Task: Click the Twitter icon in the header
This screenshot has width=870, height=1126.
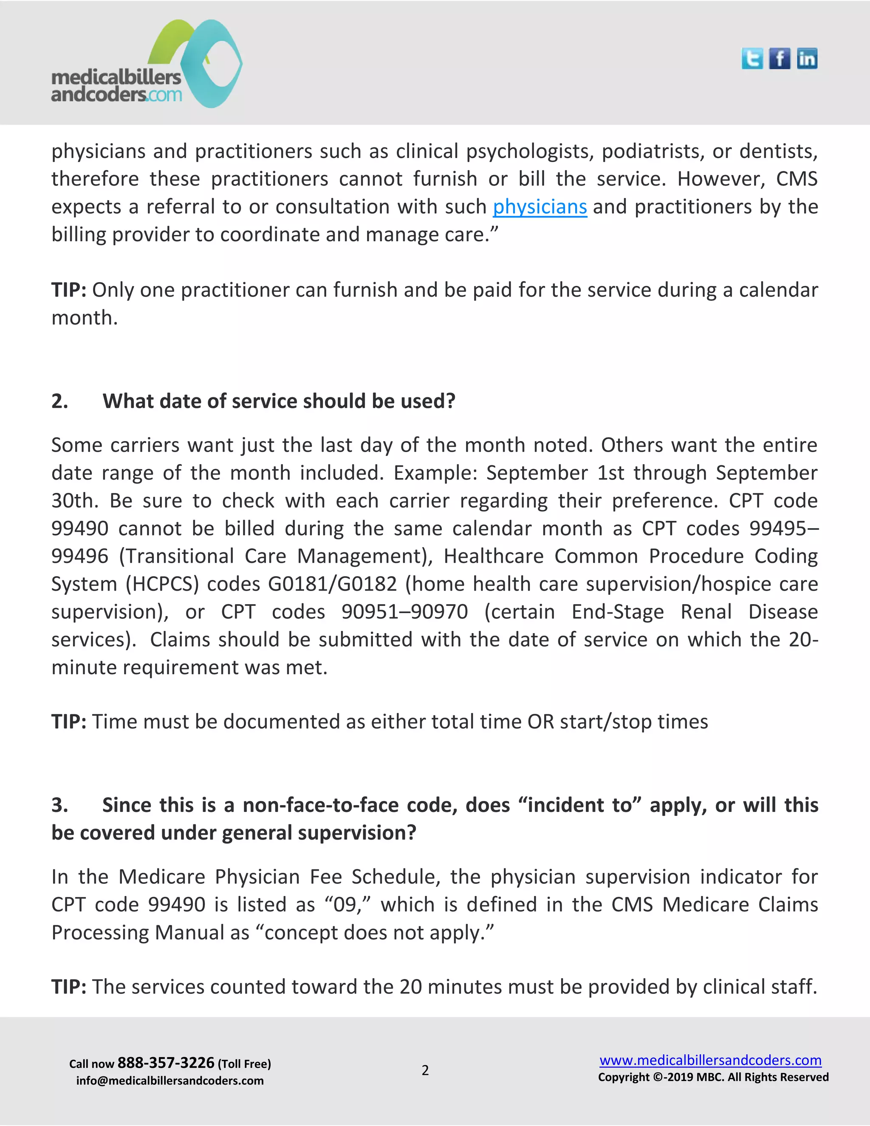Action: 752,59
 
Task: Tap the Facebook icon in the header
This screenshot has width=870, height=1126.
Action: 779,59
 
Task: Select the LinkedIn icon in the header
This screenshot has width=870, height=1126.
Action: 807,59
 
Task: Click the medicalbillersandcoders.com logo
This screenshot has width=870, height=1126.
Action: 147,65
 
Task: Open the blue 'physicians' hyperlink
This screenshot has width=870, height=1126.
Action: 540,207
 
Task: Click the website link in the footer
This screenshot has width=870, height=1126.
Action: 710,1060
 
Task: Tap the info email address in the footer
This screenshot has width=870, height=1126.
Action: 169,1081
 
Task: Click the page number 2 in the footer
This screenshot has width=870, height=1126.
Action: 425,1070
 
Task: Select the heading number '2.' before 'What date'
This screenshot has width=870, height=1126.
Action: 60,401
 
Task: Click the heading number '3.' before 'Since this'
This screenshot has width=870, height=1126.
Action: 60,805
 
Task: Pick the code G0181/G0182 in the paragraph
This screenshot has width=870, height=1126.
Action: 333,584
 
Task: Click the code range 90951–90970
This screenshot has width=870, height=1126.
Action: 404,612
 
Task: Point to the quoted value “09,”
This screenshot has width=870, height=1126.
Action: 348,905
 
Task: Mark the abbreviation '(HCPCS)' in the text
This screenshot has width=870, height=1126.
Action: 162,584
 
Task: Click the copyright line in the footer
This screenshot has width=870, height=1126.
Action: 713,1078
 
